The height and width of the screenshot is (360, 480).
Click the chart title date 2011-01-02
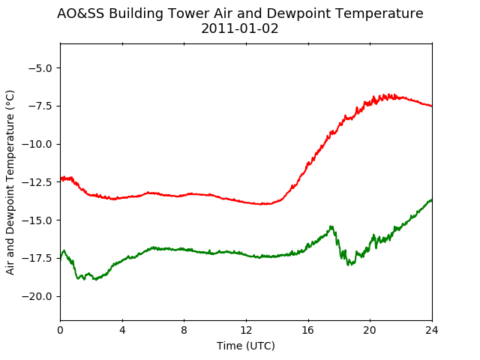[x=240, y=28]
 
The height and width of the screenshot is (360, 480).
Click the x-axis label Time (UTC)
[x=246, y=346]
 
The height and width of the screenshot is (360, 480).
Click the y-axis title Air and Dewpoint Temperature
[x=10, y=182]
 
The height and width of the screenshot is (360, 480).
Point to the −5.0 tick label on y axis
[x=40, y=68]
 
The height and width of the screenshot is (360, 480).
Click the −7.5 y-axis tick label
[x=40, y=106]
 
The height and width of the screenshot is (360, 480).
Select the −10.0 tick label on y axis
[x=37, y=144]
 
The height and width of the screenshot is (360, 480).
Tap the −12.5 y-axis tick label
[x=37, y=182]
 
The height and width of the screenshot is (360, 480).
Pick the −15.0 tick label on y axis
[x=37, y=220]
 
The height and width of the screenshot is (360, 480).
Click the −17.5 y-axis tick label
[x=37, y=258]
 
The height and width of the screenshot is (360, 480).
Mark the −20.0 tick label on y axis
[x=37, y=297]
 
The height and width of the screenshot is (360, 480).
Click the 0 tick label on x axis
[x=60, y=330]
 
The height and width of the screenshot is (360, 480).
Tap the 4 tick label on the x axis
[x=122, y=330]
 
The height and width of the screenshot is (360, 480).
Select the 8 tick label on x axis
[x=184, y=330]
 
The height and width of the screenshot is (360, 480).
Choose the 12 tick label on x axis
[x=246, y=330]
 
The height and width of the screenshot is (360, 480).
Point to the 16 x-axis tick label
[x=308, y=330]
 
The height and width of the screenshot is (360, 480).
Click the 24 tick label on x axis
[x=432, y=330]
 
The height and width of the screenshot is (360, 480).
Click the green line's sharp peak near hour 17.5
[x=331, y=226]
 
